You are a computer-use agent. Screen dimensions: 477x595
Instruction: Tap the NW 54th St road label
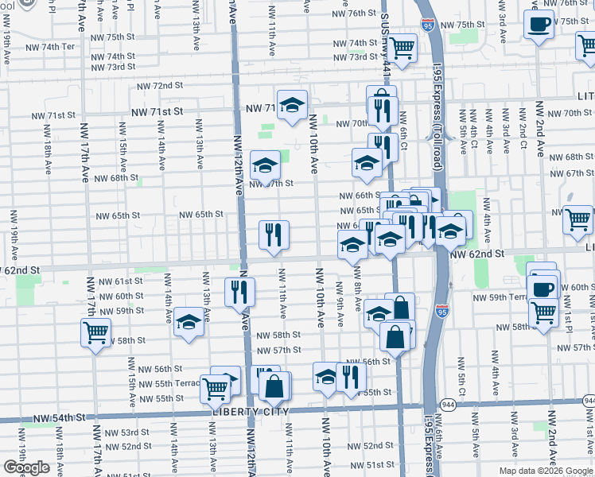[58, 417]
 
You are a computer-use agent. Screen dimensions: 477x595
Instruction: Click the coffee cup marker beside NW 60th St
[542, 287]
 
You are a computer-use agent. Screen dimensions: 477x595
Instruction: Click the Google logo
[26, 467]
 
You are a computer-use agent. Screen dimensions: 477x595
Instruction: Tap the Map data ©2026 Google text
[545, 471]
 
